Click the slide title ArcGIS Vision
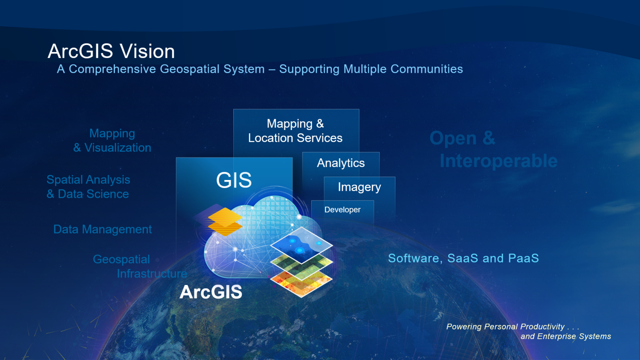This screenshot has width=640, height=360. point(111,51)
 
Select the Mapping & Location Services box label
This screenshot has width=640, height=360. point(295,131)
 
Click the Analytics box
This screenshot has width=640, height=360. point(341,163)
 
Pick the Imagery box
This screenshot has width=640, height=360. point(359,187)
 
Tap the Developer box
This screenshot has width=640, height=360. point(342,210)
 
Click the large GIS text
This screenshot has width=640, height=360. point(234,180)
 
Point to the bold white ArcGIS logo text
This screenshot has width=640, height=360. point(211,292)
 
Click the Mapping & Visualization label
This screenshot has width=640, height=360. point(112,140)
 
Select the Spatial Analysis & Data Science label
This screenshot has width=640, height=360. point(88,187)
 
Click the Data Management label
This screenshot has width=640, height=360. point(102,229)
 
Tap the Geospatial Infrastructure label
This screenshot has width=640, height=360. point(139,266)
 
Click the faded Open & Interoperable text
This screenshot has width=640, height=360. point(493,150)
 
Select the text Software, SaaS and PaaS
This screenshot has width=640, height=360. point(463,258)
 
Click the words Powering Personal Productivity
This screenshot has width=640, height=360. point(505,327)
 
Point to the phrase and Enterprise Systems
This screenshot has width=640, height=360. point(565,336)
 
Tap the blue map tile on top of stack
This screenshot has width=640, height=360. point(301,245)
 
